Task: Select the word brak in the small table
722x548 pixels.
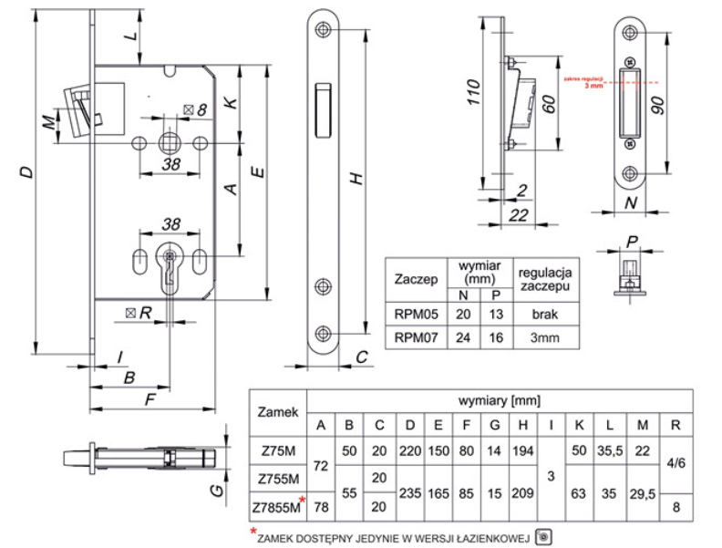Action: (544, 315)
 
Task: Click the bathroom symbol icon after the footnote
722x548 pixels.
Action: (544, 536)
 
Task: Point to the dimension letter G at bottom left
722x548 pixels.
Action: (211, 491)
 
